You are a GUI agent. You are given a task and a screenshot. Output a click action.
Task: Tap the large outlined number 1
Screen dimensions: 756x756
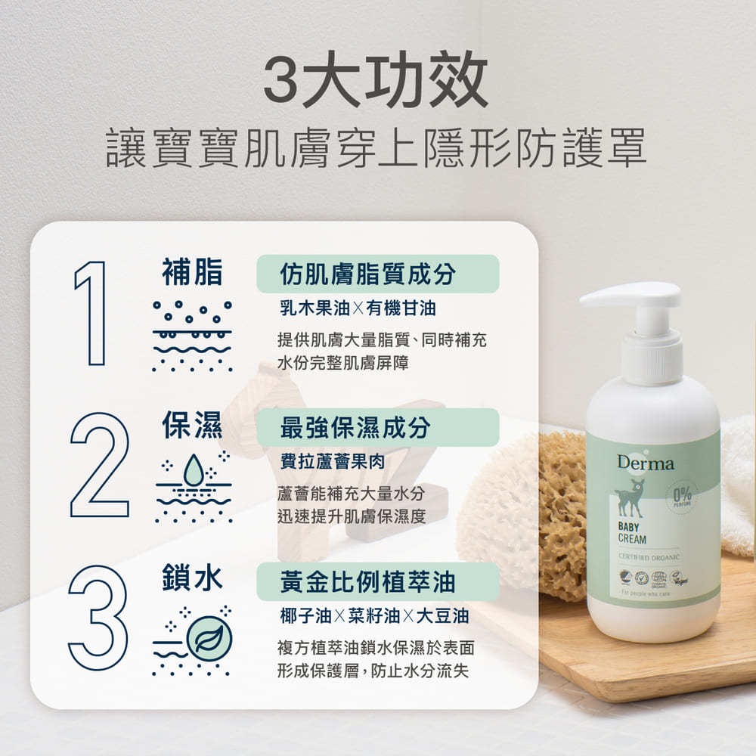[91, 312]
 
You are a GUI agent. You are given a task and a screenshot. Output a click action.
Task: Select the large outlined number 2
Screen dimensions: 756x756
[99, 465]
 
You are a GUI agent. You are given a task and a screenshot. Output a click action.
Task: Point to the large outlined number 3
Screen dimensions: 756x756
[98, 618]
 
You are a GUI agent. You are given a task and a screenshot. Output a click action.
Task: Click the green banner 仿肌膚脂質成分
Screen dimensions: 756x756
[377, 274]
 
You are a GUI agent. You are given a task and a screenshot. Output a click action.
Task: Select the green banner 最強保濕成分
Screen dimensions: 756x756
[377, 427]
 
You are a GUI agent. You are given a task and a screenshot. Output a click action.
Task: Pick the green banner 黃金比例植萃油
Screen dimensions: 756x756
[377, 581]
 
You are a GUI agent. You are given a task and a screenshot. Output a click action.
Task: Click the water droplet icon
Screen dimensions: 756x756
[194, 470]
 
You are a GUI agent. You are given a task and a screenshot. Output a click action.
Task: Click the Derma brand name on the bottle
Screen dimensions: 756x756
[645, 463]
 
